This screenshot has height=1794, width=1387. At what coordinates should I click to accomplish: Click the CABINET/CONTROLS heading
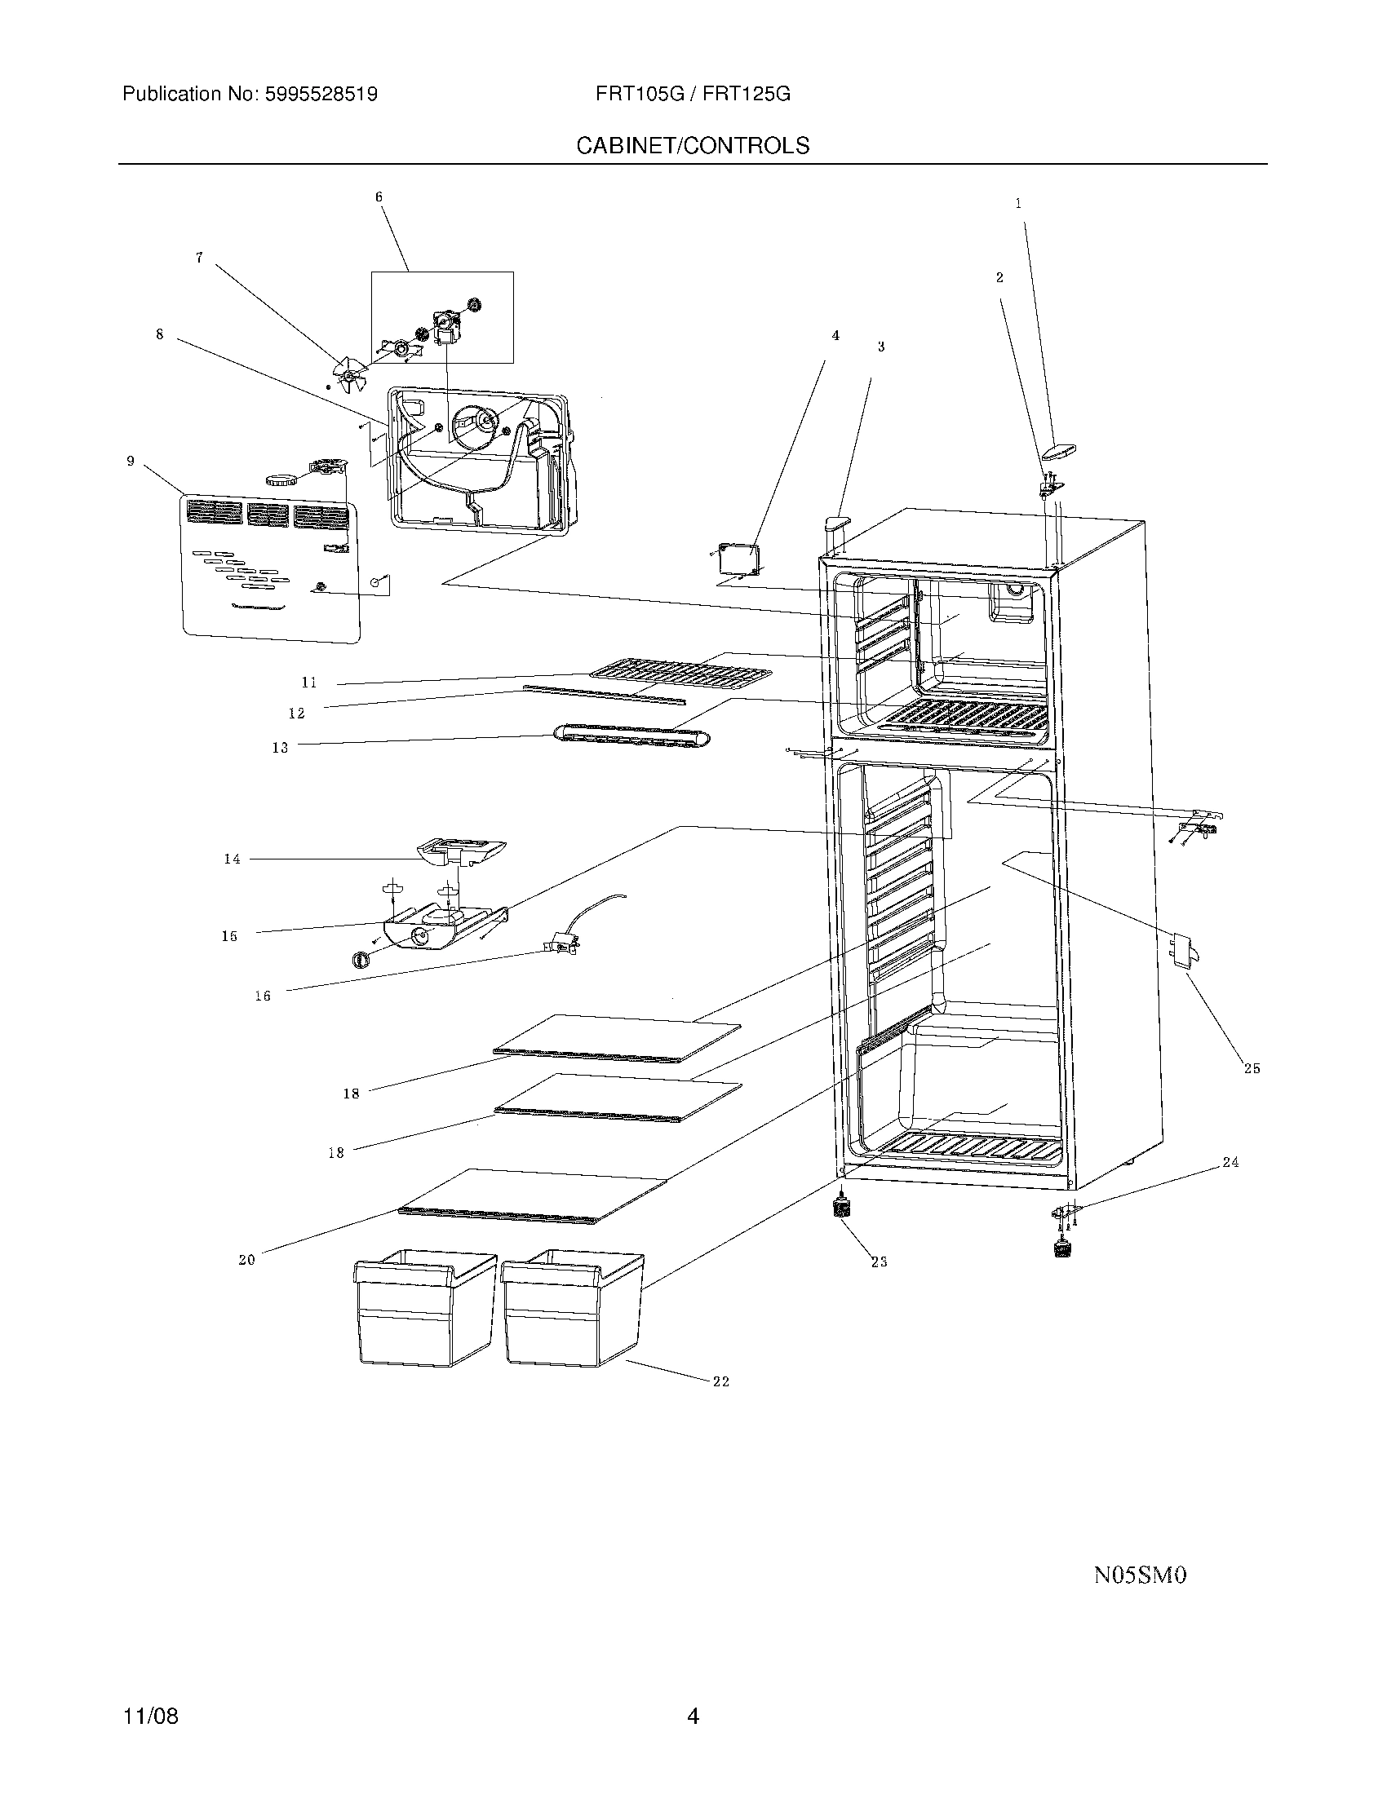692,145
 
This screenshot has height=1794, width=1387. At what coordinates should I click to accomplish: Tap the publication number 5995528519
321,95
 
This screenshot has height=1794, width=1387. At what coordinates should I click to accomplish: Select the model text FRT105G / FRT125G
693,95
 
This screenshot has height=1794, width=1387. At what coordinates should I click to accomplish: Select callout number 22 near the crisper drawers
720,1381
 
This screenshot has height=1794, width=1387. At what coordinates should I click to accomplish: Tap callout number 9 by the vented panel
131,462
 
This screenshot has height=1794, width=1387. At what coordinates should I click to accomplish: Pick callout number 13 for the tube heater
280,748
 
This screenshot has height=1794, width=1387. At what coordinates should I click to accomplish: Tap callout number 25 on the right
1251,1069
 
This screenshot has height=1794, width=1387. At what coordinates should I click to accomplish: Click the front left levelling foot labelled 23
840,1209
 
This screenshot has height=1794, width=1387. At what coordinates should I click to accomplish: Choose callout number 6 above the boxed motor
379,197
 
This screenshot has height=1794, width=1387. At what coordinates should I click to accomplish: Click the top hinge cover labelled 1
1058,450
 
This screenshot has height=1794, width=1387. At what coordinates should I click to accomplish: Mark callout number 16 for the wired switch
262,996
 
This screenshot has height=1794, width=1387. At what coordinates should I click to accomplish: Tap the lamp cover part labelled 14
460,851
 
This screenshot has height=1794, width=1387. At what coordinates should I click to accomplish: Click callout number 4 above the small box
835,336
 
